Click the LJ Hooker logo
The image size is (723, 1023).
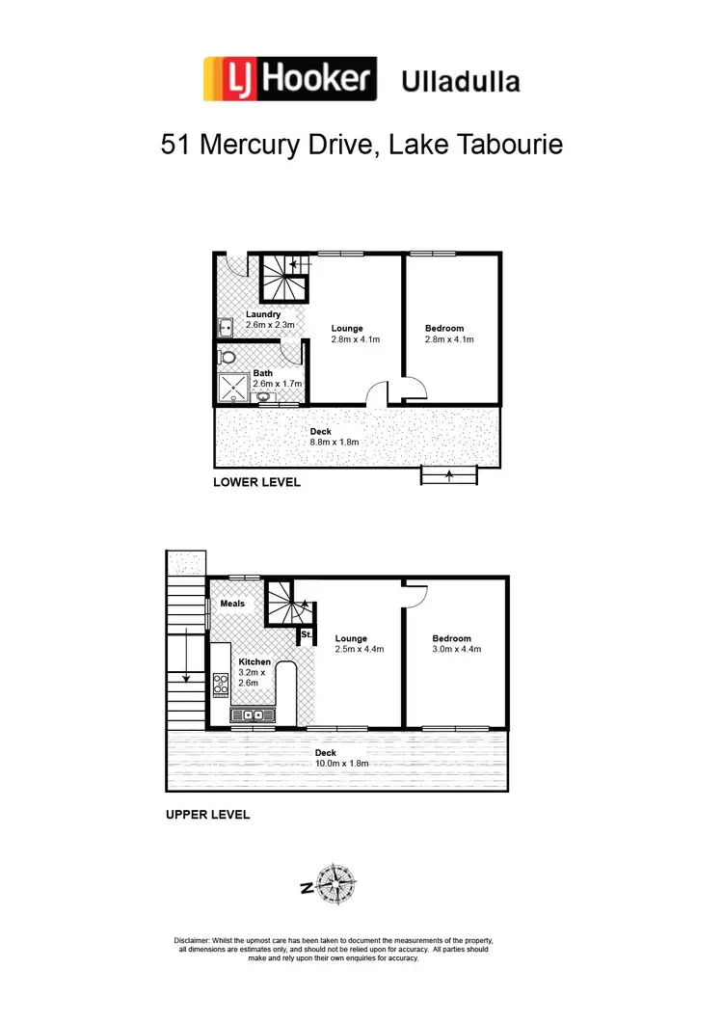pyautogui.click(x=288, y=79)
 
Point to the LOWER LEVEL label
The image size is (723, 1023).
pyautogui.click(x=256, y=482)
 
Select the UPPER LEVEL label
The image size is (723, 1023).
pyautogui.click(x=208, y=815)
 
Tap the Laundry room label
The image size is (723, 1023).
pyautogui.click(x=262, y=314)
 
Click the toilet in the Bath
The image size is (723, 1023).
pyautogui.click(x=228, y=359)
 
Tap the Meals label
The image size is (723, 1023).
pyautogui.click(x=232, y=604)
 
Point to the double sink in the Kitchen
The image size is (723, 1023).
pyautogui.click(x=253, y=714)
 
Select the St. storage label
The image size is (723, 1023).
pyautogui.click(x=306, y=634)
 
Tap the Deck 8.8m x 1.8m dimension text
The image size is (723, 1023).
pyautogui.click(x=334, y=442)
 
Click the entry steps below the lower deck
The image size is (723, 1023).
pyautogui.click(x=449, y=474)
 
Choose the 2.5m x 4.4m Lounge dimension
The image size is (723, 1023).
pyautogui.click(x=360, y=649)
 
